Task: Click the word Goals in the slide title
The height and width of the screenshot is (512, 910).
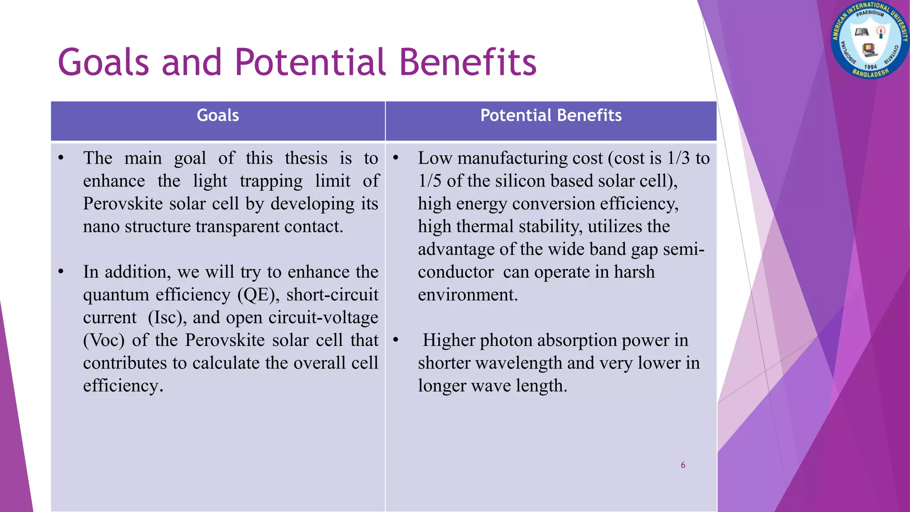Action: (x=103, y=63)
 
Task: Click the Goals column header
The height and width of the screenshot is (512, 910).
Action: (x=218, y=116)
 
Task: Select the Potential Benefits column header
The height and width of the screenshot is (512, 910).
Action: (x=551, y=116)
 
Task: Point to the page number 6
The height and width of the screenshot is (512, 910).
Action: (x=683, y=465)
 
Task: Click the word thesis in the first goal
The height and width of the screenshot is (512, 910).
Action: (x=306, y=158)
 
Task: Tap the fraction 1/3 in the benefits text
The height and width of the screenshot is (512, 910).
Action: (x=678, y=158)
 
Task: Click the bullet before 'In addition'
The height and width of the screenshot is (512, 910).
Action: (x=61, y=272)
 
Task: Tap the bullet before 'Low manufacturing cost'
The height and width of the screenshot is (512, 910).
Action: (x=395, y=158)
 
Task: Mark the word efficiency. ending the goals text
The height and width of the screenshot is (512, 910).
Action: (x=123, y=386)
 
